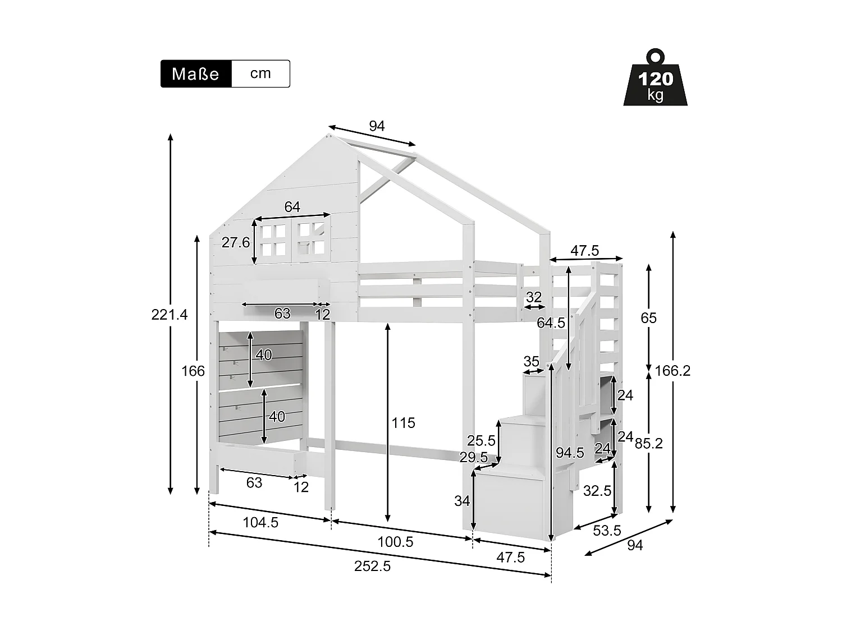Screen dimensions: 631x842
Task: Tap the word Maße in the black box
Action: click(195, 74)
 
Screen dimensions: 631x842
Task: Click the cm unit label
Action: click(260, 73)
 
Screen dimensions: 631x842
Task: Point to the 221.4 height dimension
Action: click(169, 315)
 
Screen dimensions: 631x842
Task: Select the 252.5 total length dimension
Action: click(372, 566)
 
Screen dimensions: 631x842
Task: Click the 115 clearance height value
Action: click(403, 423)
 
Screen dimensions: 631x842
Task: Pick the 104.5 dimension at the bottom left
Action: click(260, 523)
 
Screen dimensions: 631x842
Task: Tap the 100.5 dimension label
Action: click(396, 542)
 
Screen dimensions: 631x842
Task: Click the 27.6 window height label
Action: click(235, 242)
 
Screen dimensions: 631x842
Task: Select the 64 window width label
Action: click(292, 207)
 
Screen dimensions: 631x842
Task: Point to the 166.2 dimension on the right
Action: click(672, 371)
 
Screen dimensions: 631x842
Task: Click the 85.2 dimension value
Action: click(648, 444)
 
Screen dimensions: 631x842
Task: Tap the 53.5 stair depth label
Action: click(606, 531)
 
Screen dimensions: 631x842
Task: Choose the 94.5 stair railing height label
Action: click(570, 453)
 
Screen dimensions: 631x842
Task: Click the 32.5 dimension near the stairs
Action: click(597, 491)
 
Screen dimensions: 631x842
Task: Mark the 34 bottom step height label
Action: click(462, 501)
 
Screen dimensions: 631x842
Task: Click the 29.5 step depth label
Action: click(473, 458)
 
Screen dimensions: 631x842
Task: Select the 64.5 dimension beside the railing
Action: click(551, 323)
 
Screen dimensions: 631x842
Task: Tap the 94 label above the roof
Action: click(377, 126)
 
